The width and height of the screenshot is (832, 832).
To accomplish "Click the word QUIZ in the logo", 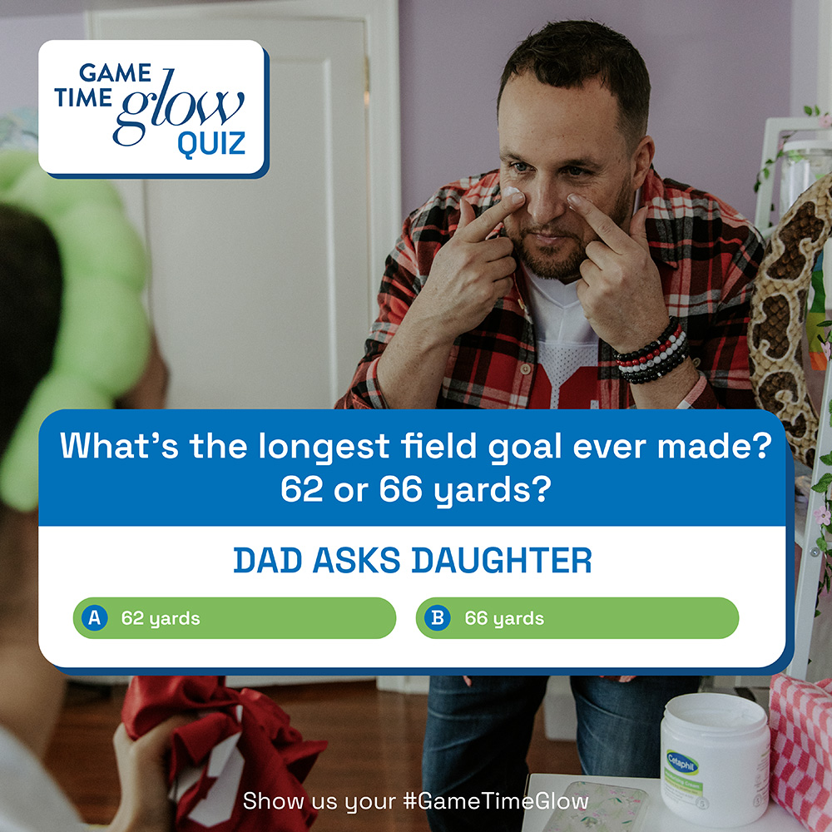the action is (211, 144).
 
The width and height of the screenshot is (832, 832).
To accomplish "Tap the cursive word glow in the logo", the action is (178, 106).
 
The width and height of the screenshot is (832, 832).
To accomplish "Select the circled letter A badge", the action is (95, 617).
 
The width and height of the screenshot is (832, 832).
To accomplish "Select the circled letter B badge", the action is (438, 617).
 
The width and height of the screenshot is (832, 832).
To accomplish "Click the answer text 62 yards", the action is (161, 619).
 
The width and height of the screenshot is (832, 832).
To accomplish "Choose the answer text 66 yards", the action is (504, 619).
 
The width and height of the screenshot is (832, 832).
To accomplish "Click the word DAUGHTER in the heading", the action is (502, 560).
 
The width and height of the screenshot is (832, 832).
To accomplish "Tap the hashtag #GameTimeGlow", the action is (496, 800).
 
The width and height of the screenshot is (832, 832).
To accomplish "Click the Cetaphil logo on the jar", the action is (682, 762).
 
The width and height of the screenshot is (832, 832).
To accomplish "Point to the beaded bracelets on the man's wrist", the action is (651, 351).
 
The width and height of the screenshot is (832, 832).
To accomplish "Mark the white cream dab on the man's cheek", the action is (511, 191).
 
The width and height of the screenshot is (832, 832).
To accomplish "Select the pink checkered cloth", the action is (801, 748).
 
